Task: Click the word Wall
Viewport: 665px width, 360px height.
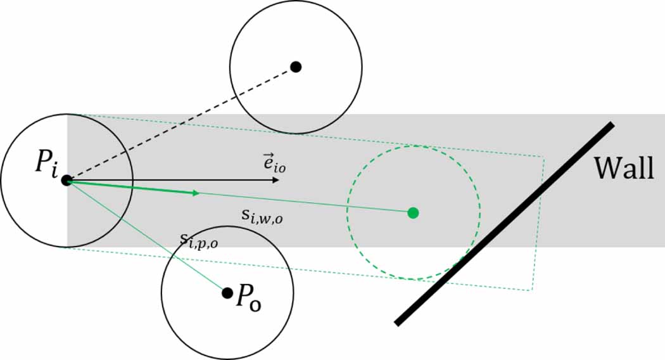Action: point(623,168)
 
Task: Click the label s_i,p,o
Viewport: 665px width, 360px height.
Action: point(201,240)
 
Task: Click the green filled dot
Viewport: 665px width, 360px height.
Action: point(413,213)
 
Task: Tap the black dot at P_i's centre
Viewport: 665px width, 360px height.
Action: point(66,180)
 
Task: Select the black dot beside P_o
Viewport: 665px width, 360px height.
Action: point(227,293)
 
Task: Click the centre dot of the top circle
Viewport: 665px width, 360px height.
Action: point(295,67)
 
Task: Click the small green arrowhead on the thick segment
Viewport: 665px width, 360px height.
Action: point(196,192)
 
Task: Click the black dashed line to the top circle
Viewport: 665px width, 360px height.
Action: point(180,124)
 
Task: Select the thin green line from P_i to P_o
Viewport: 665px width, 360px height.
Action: point(146,236)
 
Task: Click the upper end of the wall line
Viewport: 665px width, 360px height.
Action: point(611,124)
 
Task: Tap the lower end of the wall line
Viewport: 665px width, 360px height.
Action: point(397,323)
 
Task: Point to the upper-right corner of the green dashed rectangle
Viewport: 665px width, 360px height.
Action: point(543,156)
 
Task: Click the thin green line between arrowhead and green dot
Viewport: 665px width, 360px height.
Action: point(304,202)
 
